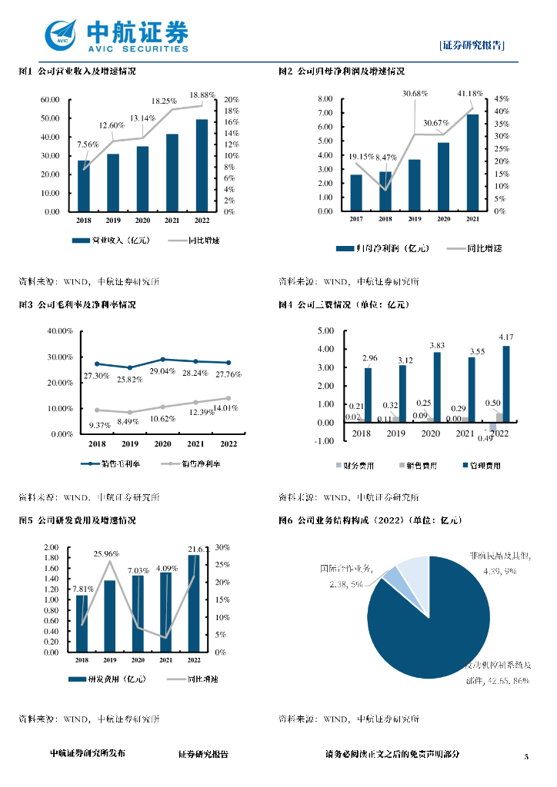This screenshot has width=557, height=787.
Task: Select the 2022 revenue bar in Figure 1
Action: (202, 165)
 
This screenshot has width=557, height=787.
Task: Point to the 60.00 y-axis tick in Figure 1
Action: (51, 100)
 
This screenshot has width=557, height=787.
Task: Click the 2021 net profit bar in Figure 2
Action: (472, 162)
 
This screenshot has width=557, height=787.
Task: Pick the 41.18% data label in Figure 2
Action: (470, 94)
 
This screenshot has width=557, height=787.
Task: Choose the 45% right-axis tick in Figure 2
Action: (501, 99)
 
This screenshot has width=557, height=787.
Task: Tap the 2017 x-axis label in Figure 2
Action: (356, 219)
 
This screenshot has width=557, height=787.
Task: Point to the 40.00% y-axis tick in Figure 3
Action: (59, 330)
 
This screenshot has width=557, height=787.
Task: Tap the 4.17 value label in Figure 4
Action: (506, 337)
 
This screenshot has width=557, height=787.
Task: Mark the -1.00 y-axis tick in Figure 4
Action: (325, 440)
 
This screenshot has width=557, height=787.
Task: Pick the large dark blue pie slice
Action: (439, 623)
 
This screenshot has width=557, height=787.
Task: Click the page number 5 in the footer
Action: (527, 757)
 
